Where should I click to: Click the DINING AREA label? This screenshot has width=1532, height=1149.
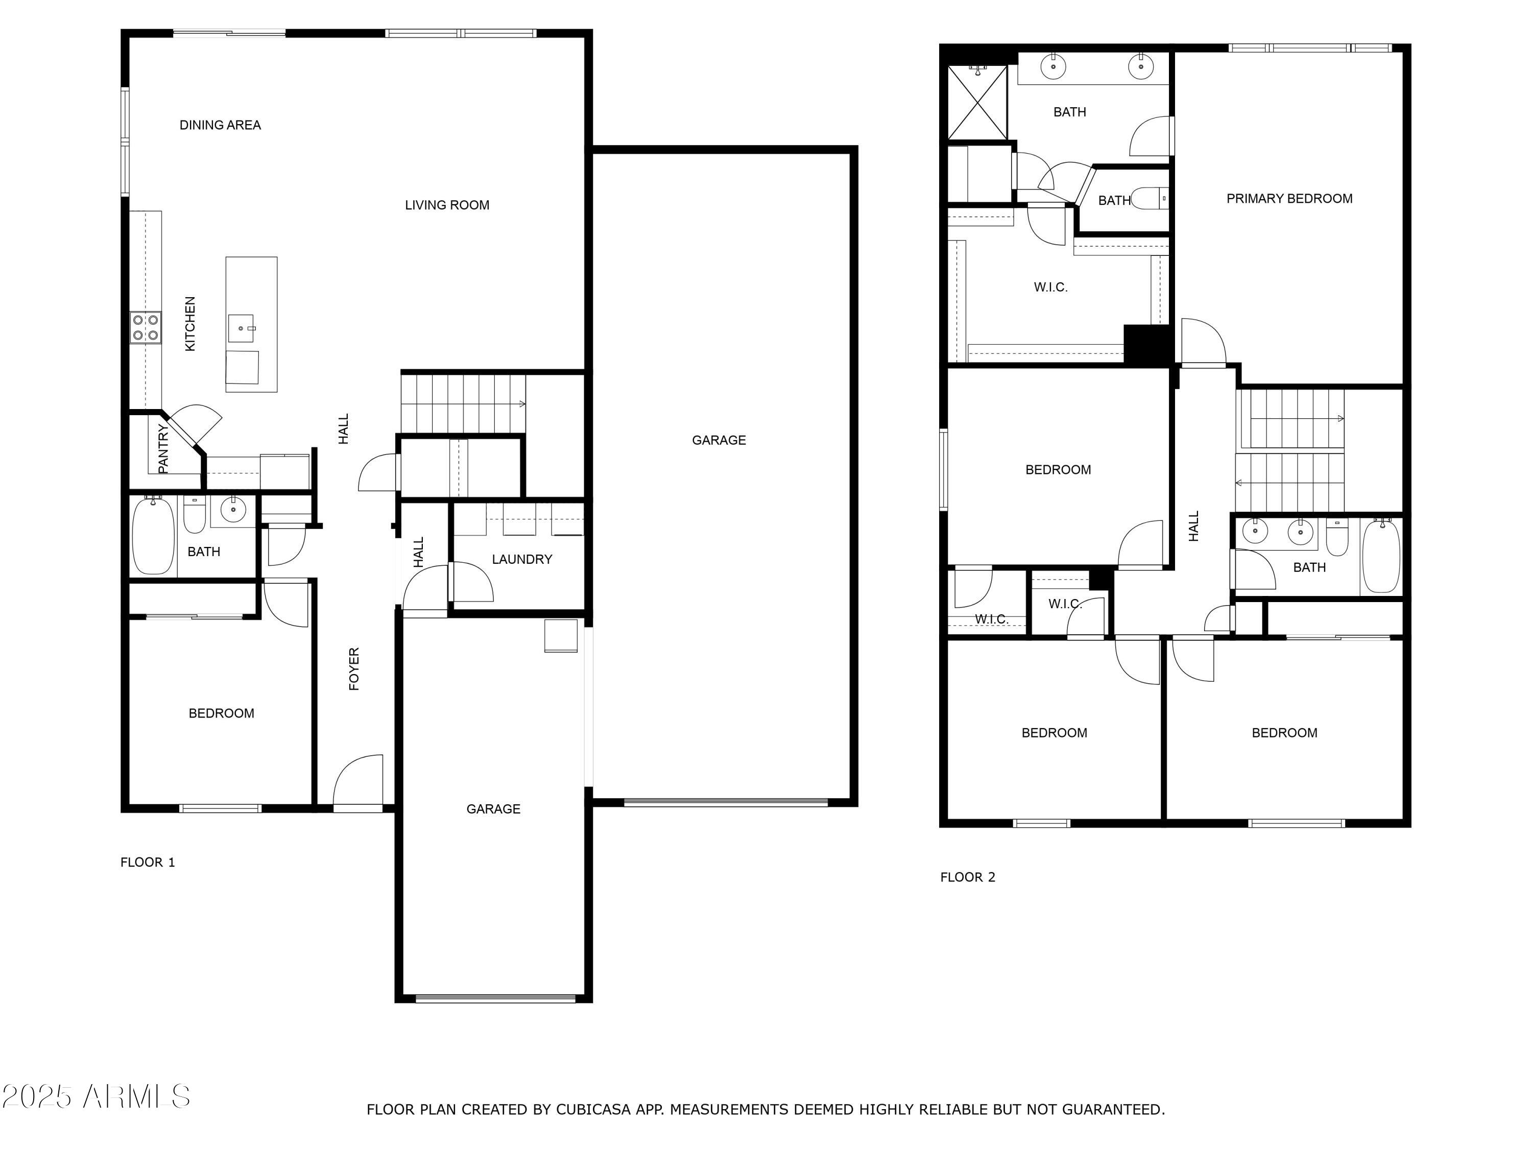(220, 125)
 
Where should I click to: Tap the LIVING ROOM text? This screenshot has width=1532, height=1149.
(447, 205)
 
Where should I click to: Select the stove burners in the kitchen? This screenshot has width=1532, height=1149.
(146, 328)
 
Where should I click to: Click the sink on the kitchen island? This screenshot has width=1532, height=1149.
(241, 328)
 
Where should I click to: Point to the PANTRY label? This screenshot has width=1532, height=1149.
(163, 449)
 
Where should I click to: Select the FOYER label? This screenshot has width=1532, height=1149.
(354, 669)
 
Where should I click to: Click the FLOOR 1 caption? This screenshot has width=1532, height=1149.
(148, 863)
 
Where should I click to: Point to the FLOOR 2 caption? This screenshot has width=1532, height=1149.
(968, 877)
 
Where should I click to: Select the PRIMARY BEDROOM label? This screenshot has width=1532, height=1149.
(1289, 199)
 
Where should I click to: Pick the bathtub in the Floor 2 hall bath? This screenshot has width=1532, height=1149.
(1381, 556)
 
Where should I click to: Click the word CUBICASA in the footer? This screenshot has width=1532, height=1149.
(592, 1110)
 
